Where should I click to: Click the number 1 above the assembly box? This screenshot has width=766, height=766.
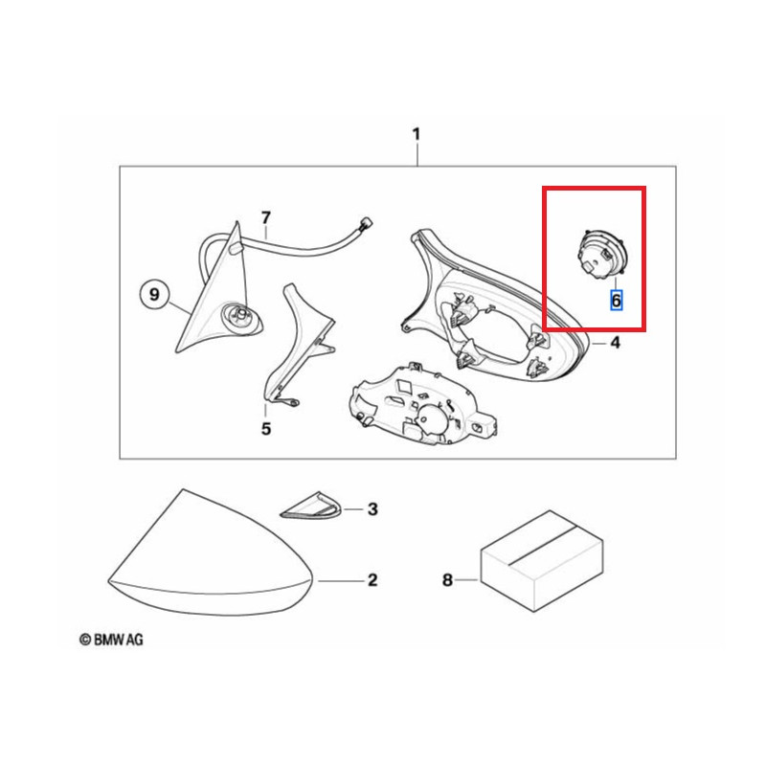417,134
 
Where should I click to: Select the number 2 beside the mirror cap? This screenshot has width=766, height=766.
372,580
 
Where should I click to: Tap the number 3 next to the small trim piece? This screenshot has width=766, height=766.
372,509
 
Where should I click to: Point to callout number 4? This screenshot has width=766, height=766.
616,343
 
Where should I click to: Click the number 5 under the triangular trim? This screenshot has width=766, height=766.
266,428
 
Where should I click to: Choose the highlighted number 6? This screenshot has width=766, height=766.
616,300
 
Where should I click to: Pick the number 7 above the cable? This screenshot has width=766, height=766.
266,217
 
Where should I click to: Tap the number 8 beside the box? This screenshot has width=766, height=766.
447,580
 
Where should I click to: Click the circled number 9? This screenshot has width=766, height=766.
154,295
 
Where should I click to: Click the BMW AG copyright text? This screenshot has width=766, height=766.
111,640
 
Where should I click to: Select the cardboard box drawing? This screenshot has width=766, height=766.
542,561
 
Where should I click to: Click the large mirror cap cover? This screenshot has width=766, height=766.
210,562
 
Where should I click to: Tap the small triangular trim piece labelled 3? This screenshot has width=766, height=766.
311,506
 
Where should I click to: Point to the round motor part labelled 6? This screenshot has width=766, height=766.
602,255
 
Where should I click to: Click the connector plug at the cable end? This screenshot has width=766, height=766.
366,226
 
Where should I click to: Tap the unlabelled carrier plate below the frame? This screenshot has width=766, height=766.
423,405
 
